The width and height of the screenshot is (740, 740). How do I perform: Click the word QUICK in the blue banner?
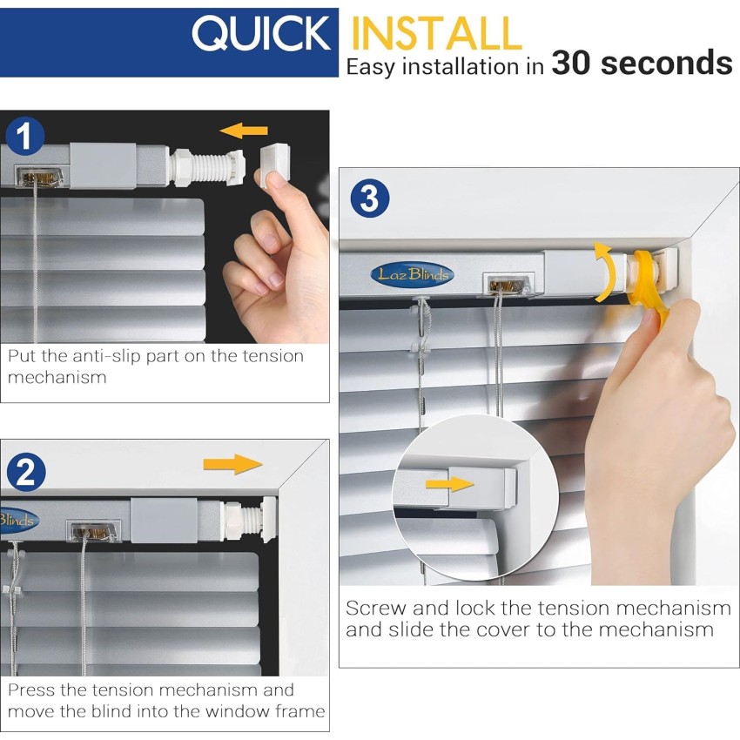pyautogui.click(x=261, y=33)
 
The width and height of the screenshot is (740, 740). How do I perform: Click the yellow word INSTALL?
pyautogui.click(x=436, y=33)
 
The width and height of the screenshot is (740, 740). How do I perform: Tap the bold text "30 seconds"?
pyautogui.click(x=642, y=63)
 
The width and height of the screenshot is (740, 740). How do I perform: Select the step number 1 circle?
pyautogui.click(x=25, y=137)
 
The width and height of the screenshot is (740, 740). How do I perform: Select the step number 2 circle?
pyautogui.click(x=26, y=472)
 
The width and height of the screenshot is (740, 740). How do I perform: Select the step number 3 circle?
pyautogui.click(x=370, y=198)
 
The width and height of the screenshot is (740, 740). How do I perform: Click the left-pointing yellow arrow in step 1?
pyautogui.click(x=244, y=131)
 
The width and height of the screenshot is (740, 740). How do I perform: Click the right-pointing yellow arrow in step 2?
pyautogui.click(x=232, y=464)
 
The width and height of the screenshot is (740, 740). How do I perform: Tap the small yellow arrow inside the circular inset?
pyautogui.click(x=449, y=484)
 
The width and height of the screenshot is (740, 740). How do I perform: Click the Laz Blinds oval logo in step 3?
pyautogui.click(x=412, y=274)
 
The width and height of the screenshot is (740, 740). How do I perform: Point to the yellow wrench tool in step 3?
pyautogui.click(x=649, y=283)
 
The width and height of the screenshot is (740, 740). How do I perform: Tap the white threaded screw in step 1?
pyautogui.click(x=208, y=167)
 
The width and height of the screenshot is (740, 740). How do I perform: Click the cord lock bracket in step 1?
pyautogui.click(x=40, y=177)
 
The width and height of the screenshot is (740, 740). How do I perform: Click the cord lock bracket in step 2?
pyautogui.click(x=92, y=531)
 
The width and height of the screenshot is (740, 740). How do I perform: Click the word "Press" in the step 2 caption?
pyautogui.click(x=31, y=690)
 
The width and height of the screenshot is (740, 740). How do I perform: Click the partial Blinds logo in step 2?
pyautogui.click(x=19, y=520)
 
